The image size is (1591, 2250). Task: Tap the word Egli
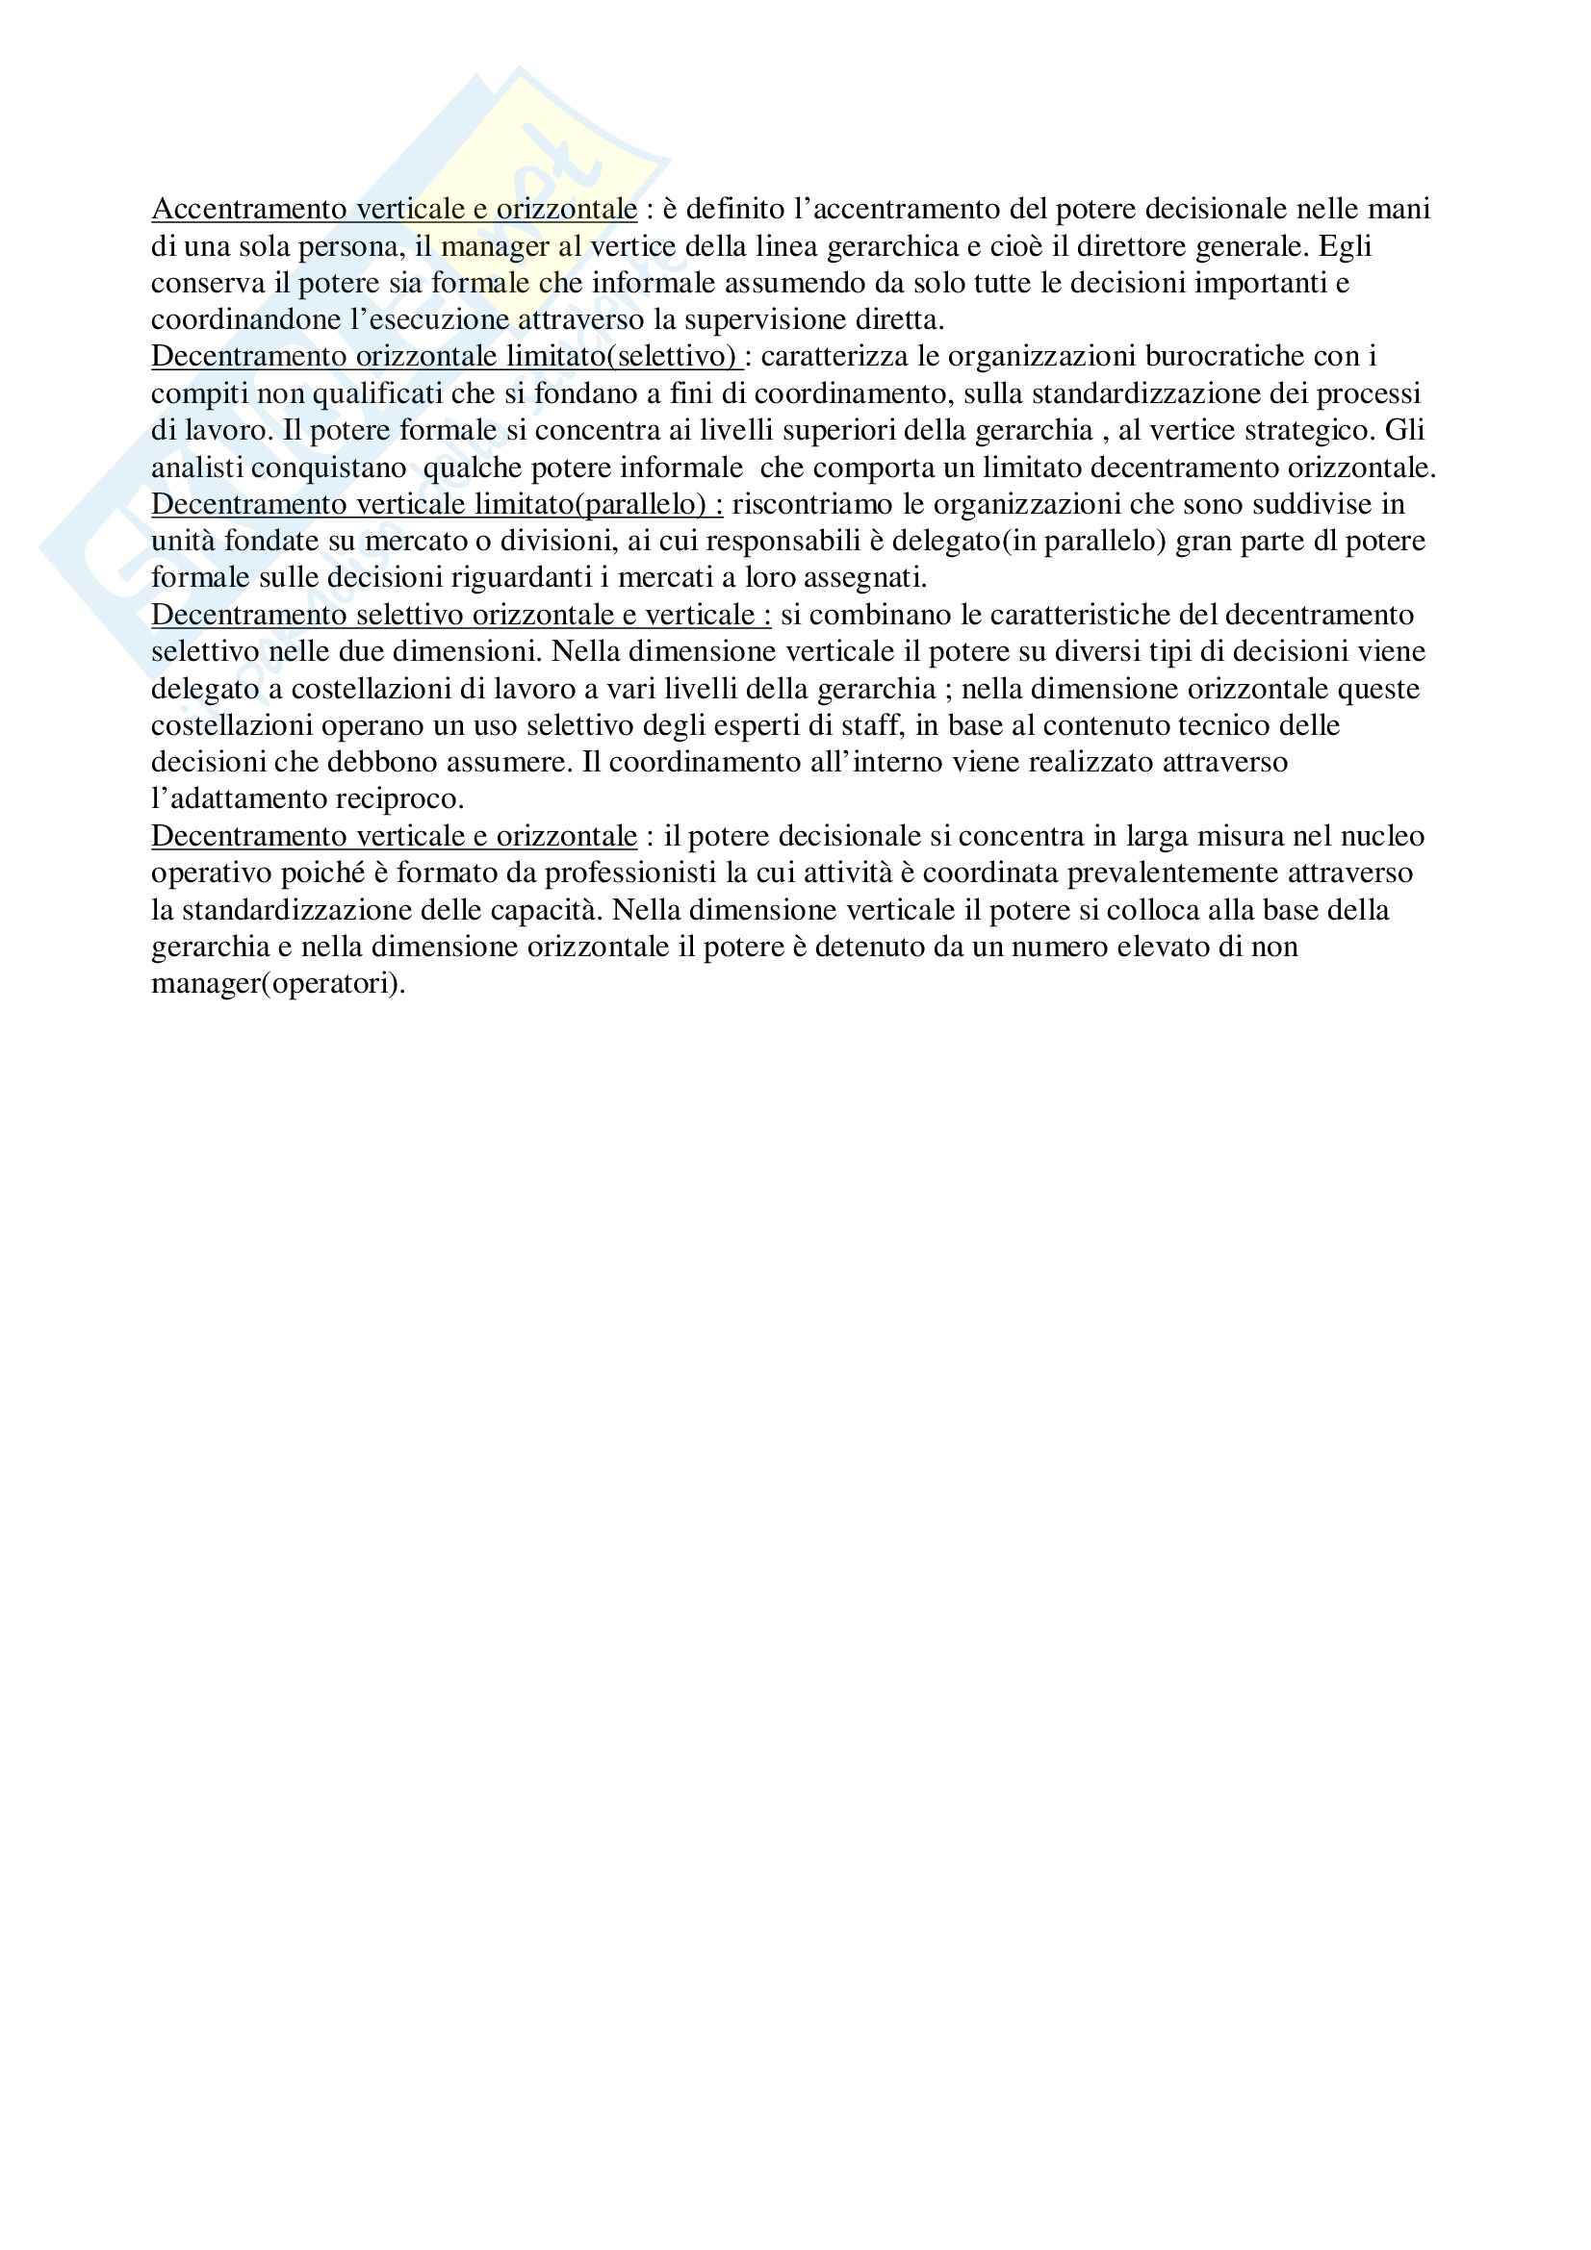pyautogui.click(x=1346, y=246)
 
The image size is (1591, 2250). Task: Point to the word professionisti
pyautogui.click(x=632, y=873)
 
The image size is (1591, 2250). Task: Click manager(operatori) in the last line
pyautogui.click(x=278, y=983)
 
